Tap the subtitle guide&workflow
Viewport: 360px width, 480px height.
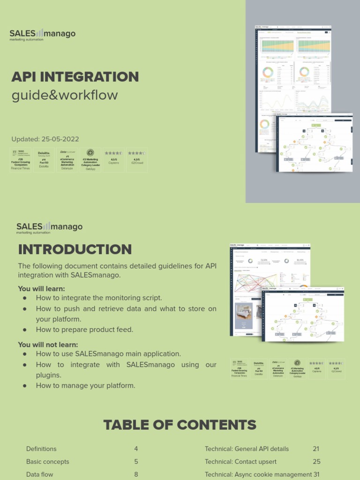click(65, 95)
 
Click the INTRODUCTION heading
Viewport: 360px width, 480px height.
click(75, 249)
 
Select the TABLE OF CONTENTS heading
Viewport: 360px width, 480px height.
click(180, 425)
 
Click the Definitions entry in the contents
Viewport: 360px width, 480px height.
click(41, 449)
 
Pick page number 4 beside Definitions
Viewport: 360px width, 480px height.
click(136, 449)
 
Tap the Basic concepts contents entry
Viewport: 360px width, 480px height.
click(47, 462)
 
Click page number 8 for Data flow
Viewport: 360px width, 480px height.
click(136, 474)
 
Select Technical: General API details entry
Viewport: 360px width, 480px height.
click(247, 449)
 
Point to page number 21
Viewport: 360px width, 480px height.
click(316, 449)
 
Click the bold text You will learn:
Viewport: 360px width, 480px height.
click(41, 289)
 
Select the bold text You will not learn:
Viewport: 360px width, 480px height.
click(48, 345)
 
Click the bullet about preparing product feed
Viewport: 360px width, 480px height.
click(84, 330)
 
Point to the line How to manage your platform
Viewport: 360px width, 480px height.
click(85, 386)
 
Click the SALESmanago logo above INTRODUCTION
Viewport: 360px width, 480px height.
click(49, 228)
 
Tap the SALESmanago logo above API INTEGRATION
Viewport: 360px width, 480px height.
click(42, 34)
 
